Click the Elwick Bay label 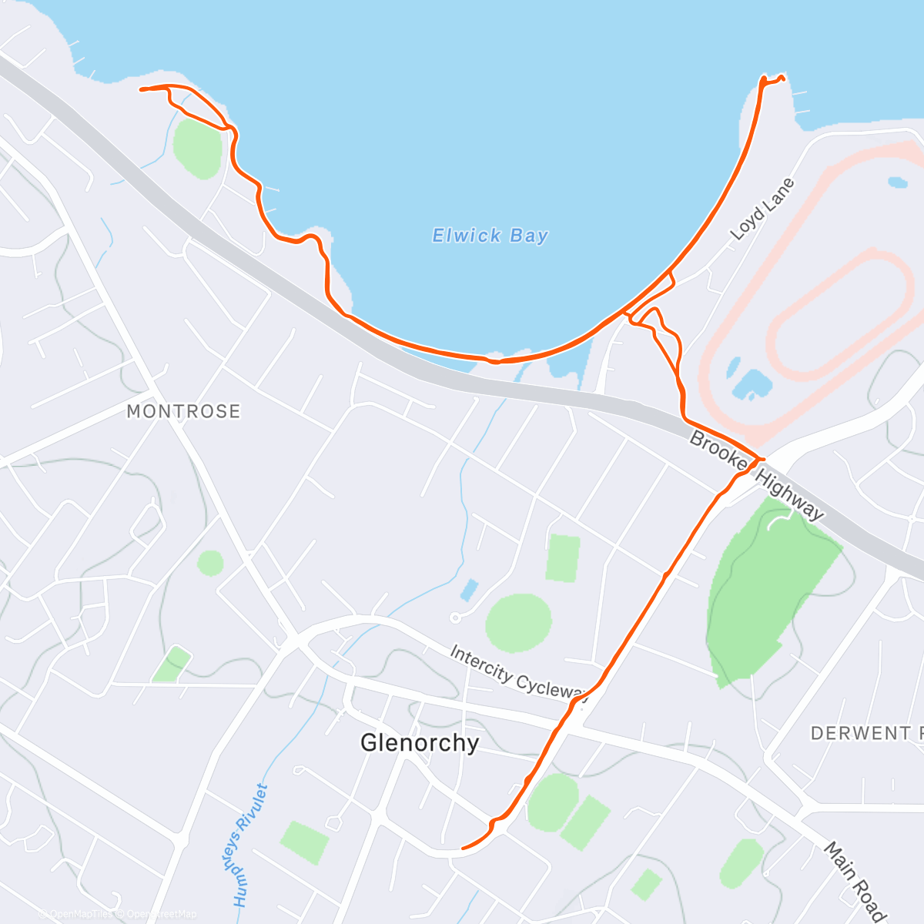point(490,236)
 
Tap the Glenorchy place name point(420,742)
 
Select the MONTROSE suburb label point(183,411)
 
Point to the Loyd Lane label point(762,209)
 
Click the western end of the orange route point(141,90)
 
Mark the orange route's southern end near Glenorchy point(463,849)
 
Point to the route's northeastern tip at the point point(782,77)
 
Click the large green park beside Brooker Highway point(770,585)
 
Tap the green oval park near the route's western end point(198,147)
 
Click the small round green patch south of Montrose point(210,563)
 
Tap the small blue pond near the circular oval point(468,591)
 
